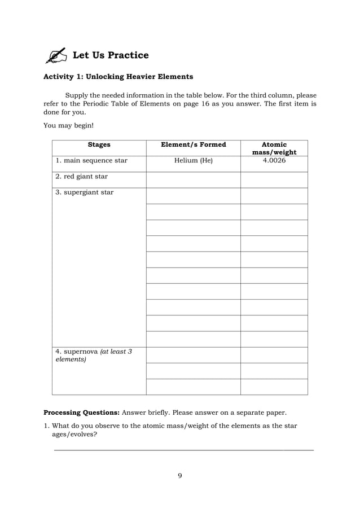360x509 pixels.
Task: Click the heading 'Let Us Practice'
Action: [111, 55]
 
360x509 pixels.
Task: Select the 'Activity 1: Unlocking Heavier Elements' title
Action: [118, 77]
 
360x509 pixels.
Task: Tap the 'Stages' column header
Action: [99, 145]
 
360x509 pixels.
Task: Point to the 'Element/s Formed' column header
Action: [194, 145]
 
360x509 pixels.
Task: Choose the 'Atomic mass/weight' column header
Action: [275, 148]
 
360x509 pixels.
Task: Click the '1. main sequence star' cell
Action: [91, 161]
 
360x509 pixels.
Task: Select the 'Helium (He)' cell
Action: [194, 161]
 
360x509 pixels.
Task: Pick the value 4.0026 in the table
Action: [274, 161]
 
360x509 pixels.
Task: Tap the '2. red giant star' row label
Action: [82, 177]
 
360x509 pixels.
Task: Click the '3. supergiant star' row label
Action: [85, 192]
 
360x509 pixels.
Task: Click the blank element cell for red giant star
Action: [194, 179]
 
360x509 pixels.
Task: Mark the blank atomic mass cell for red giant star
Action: [274, 179]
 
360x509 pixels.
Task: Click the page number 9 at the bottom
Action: [180, 476]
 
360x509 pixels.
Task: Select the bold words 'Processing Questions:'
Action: [82, 413]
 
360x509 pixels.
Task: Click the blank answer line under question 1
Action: [183, 450]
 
